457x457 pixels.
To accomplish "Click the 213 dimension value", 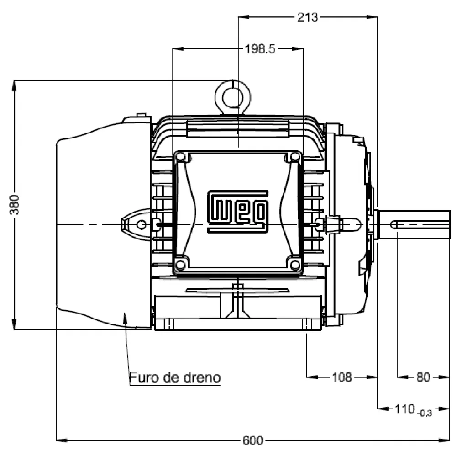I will coord(307,17).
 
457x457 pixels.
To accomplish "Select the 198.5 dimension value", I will coord(260,49).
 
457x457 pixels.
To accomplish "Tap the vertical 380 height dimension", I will coord(16,204).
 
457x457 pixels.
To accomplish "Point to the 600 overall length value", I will coord(252,441).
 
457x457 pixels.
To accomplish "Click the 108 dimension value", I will coord(342,377).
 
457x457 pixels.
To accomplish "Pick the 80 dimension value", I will coord(423,377).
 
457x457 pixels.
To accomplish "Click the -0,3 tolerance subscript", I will coord(425,413).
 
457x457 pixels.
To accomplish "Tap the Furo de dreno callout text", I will coord(175,378).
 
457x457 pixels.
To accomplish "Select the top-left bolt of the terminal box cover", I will coord(180,157).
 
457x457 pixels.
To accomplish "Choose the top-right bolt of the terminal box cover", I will coord(295,157).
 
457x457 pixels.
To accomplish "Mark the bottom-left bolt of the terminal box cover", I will coord(180,265).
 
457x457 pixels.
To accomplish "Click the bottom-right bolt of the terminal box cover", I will coord(295,265).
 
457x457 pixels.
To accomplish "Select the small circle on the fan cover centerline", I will coord(142,224).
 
